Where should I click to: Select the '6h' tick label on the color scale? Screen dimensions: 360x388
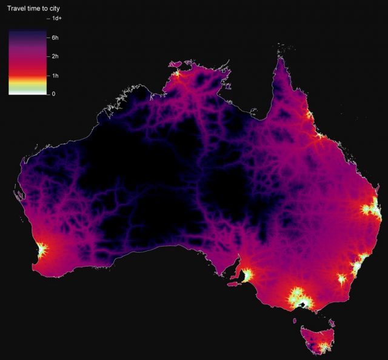[55, 38]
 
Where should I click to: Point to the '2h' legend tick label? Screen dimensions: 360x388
[55, 56]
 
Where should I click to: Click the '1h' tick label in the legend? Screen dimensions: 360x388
[55, 76]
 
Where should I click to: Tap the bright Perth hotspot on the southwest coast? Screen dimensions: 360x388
[41, 250]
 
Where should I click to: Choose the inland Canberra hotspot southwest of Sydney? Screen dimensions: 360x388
[343, 279]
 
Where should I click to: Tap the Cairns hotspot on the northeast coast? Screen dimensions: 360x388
[309, 115]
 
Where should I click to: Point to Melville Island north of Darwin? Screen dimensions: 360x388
[176, 64]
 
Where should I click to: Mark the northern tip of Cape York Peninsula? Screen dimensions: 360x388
[281, 59]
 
